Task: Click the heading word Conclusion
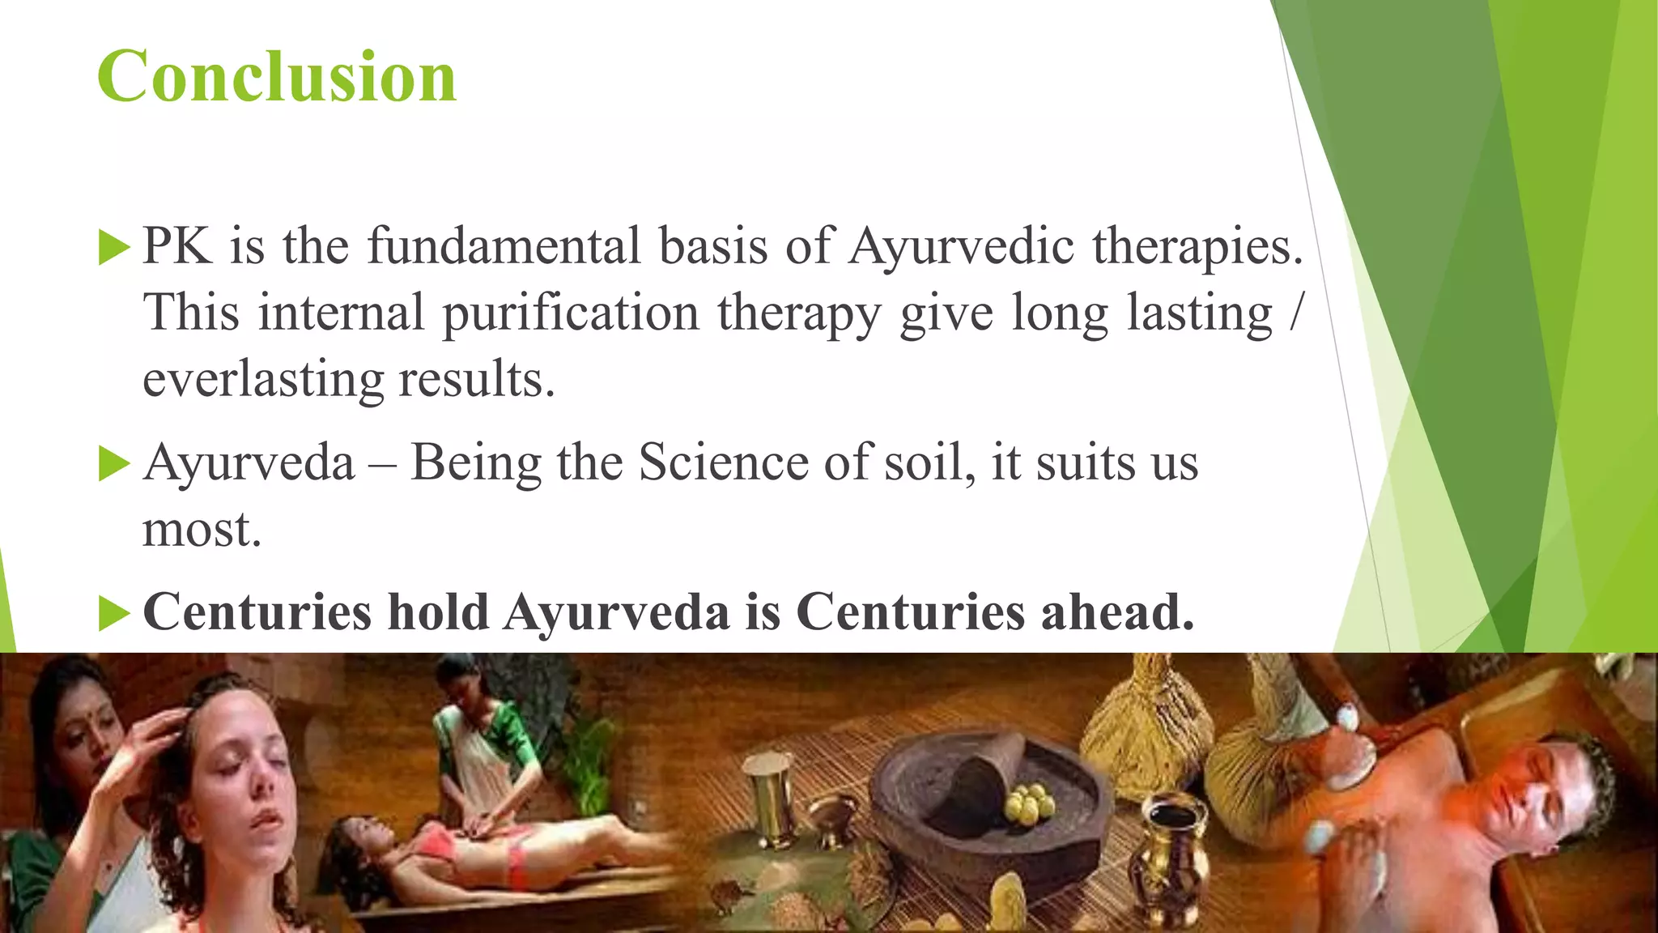pos(277,76)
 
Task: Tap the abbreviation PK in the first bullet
pos(177,246)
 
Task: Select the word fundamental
pos(504,246)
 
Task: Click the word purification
pos(571,314)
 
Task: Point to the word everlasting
pos(263,380)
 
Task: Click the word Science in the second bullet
pos(723,463)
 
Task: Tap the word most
pos(202,530)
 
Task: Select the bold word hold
pos(438,612)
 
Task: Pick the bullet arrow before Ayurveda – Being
pos(114,465)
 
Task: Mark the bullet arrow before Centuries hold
pos(114,614)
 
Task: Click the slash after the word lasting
pos(1296,314)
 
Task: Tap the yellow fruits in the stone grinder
pos(1027,804)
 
